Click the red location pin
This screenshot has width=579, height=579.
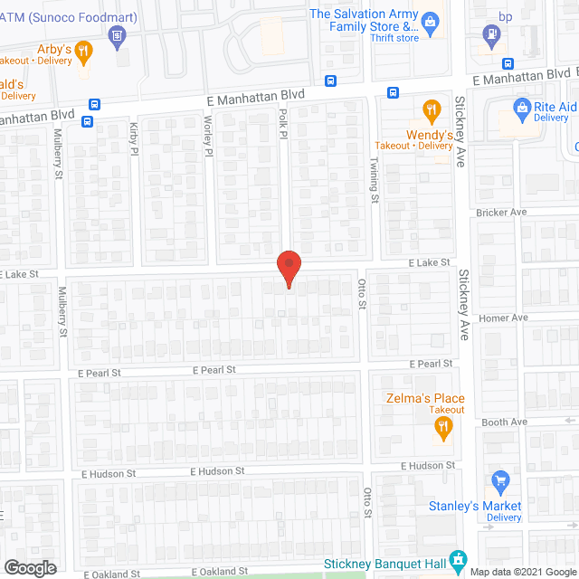289,268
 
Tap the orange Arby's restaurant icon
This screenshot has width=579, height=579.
84,51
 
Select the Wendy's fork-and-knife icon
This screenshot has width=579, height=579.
432,112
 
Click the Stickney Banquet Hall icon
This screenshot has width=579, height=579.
459,558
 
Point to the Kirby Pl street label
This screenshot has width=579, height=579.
134,138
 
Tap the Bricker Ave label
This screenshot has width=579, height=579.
501,213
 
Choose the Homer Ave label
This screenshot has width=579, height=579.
503,318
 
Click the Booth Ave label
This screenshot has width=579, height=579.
504,422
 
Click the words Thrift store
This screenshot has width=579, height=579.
395,38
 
